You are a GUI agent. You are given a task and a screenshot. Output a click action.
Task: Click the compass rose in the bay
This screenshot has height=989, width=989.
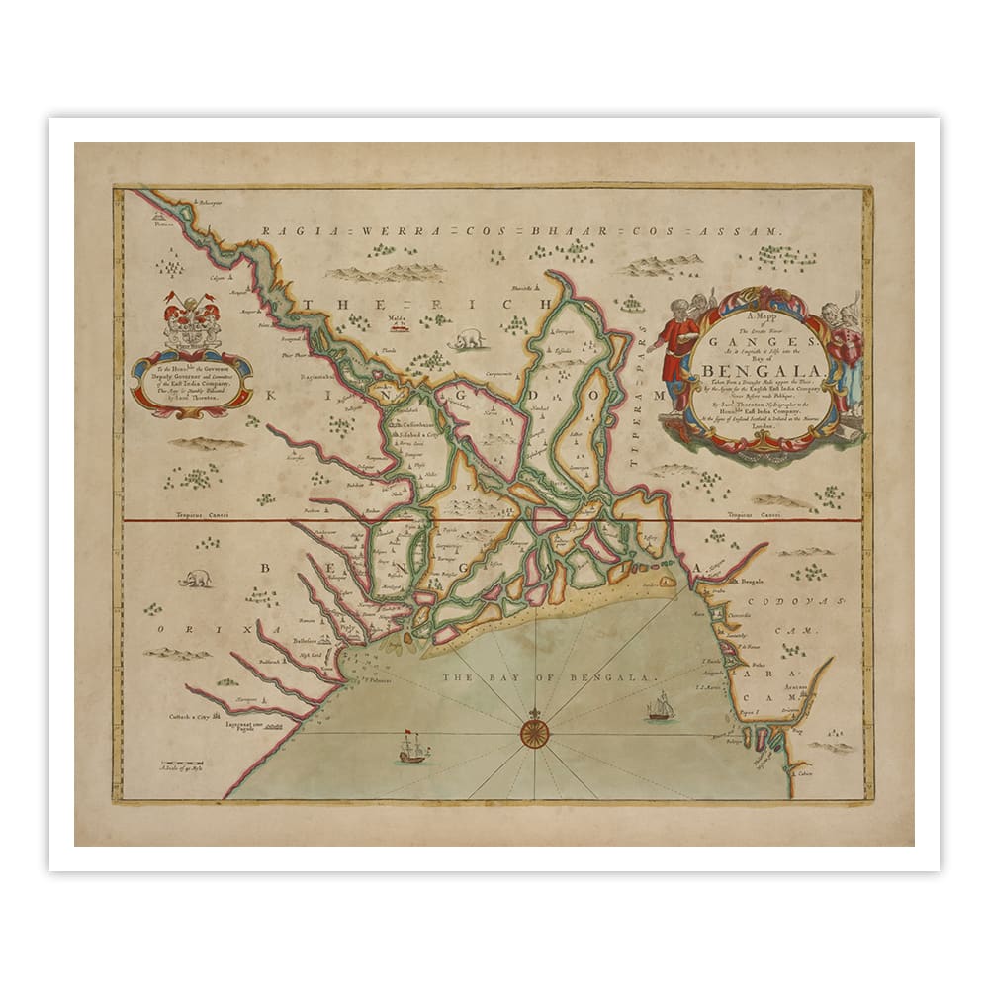click(x=534, y=732)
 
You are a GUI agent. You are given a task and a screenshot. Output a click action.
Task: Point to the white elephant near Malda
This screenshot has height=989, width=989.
click(x=467, y=339)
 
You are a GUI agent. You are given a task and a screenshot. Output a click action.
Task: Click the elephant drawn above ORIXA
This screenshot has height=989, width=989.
click(x=194, y=578)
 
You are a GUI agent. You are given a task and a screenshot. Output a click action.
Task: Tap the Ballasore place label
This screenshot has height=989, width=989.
click(x=311, y=641)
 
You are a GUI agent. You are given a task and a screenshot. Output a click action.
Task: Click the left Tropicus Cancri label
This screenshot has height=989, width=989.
click(x=195, y=515)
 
